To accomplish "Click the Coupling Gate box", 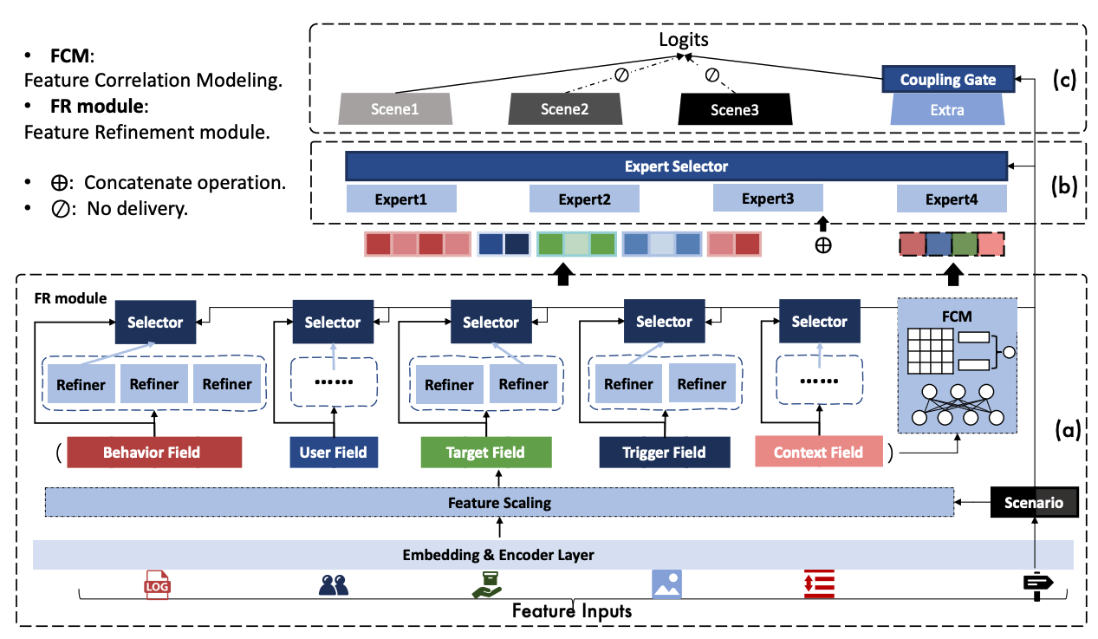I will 947,80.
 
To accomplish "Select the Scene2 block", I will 564,109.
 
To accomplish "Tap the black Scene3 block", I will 733,109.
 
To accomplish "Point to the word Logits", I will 684,40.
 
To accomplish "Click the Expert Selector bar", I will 676,166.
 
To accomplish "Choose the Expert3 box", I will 767,199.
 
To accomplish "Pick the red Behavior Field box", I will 152,452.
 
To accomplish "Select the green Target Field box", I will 485,452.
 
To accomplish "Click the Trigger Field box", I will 664,452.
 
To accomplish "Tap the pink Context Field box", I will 818,452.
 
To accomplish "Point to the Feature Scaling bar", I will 499,502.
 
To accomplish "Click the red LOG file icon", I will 158,585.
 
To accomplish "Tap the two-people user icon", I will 334,586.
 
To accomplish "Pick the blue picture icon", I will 666,584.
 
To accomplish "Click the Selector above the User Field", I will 333,322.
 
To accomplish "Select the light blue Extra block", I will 947,110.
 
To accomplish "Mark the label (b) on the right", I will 1062,186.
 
